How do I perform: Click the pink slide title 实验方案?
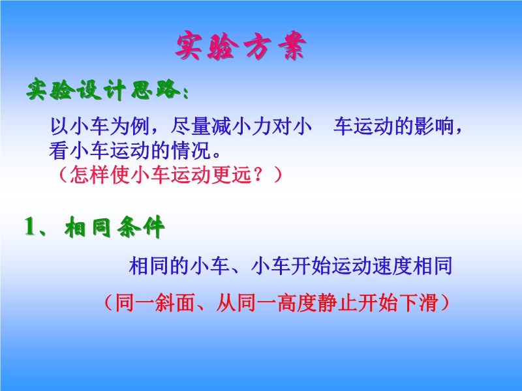pyautogui.click(x=240, y=46)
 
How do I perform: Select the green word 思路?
pyautogui.click(x=155, y=89)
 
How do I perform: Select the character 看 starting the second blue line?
pyautogui.click(x=59, y=151)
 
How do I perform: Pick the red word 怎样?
pyautogui.click(x=90, y=175)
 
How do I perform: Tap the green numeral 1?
pyautogui.click(x=30, y=227)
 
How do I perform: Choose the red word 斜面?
pyautogui.click(x=175, y=302)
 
